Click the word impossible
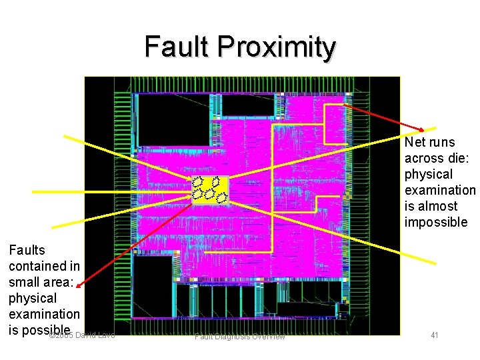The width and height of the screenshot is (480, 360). point(436,222)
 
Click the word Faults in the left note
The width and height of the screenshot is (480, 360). point(27,250)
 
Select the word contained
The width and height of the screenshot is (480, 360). point(36,266)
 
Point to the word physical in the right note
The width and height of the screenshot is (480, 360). point(429,174)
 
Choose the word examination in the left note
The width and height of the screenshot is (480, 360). point(44,313)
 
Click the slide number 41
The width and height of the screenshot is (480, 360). point(434,335)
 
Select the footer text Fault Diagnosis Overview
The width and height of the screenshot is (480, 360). point(239,337)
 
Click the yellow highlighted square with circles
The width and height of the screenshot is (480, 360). point(210,189)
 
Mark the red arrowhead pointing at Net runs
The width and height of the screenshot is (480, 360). point(427,129)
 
